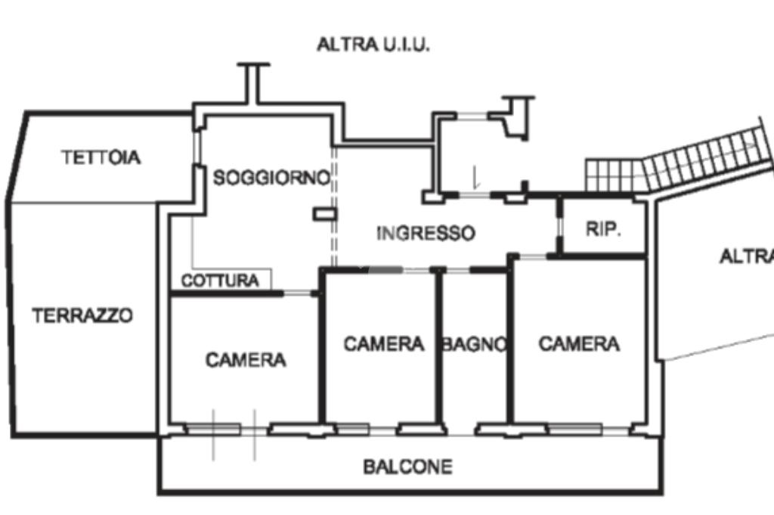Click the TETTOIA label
pyautogui.click(x=101, y=158)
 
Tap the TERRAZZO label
pyautogui.click(x=82, y=315)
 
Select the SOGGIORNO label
pyautogui.click(x=272, y=178)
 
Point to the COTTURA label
pyautogui.click(x=220, y=281)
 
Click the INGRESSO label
pyautogui.click(x=426, y=233)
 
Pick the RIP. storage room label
pyautogui.click(x=603, y=230)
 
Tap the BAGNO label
pyautogui.click(x=474, y=345)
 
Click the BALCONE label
pyautogui.click(x=408, y=467)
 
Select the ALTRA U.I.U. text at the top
pyautogui.click(x=373, y=45)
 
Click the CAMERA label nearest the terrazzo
pyautogui.click(x=246, y=360)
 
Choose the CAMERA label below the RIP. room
pyautogui.click(x=579, y=344)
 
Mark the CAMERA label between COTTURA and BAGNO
pyautogui.click(x=384, y=344)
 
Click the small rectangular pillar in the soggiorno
pyautogui.click(x=324, y=214)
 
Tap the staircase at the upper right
pyautogui.click(x=680, y=163)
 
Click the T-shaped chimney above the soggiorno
pyautogui.click(x=253, y=79)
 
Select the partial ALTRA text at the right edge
pyautogui.click(x=746, y=257)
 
